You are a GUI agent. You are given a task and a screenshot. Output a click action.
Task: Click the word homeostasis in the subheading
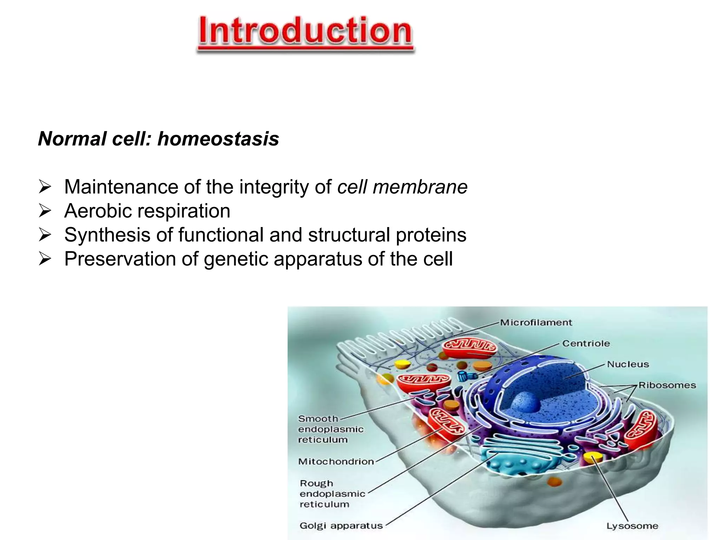218,139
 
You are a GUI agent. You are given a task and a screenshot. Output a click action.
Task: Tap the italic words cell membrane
402,187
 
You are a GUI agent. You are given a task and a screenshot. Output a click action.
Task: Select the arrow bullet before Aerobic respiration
45,211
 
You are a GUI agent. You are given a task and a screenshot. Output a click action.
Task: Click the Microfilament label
536,323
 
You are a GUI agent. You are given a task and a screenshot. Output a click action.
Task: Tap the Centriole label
586,343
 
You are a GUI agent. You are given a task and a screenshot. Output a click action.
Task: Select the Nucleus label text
628,365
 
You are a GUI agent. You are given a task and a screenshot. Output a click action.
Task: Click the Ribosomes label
667,385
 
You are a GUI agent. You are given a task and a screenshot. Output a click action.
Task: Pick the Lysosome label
632,526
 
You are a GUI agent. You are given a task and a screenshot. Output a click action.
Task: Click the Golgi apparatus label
341,526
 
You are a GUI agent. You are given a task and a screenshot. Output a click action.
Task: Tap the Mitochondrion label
336,462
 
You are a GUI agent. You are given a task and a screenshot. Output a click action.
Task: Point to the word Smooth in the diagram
318,419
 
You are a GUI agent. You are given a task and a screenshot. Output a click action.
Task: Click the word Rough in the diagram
316,483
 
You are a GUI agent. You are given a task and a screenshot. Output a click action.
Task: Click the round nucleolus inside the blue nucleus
526,402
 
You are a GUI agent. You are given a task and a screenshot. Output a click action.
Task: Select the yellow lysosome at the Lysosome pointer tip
593,457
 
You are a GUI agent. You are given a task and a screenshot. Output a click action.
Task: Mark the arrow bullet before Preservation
45,259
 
